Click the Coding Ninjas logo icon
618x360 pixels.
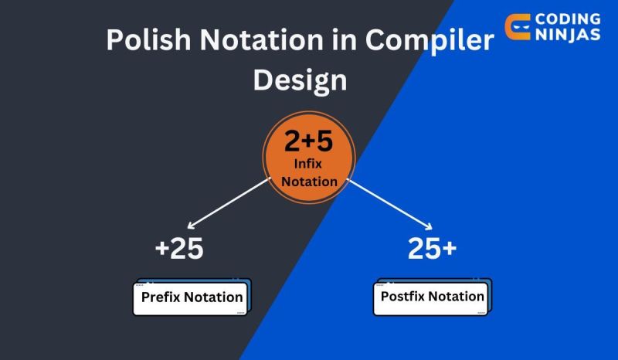[x=517, y=26]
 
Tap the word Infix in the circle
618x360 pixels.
[x=308, y=165]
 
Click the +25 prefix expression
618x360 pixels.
[x=179, y=249]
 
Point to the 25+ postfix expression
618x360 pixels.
[x=432, y=249]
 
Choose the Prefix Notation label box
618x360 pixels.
[x=192, y=297]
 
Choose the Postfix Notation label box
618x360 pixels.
[x=433, y=297]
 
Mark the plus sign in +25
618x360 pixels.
[x=161, y=250]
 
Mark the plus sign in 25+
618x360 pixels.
[x=449, y=250]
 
